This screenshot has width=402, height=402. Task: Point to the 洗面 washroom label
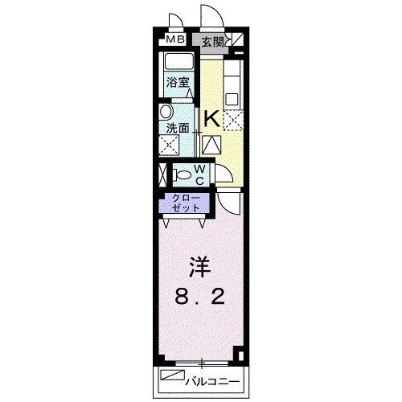[178, 127]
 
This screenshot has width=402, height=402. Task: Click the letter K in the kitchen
[211, 119]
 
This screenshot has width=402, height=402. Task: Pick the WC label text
[201, 174]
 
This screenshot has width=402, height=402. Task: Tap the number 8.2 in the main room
[198, 297]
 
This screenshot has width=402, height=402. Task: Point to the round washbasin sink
[166, 112]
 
